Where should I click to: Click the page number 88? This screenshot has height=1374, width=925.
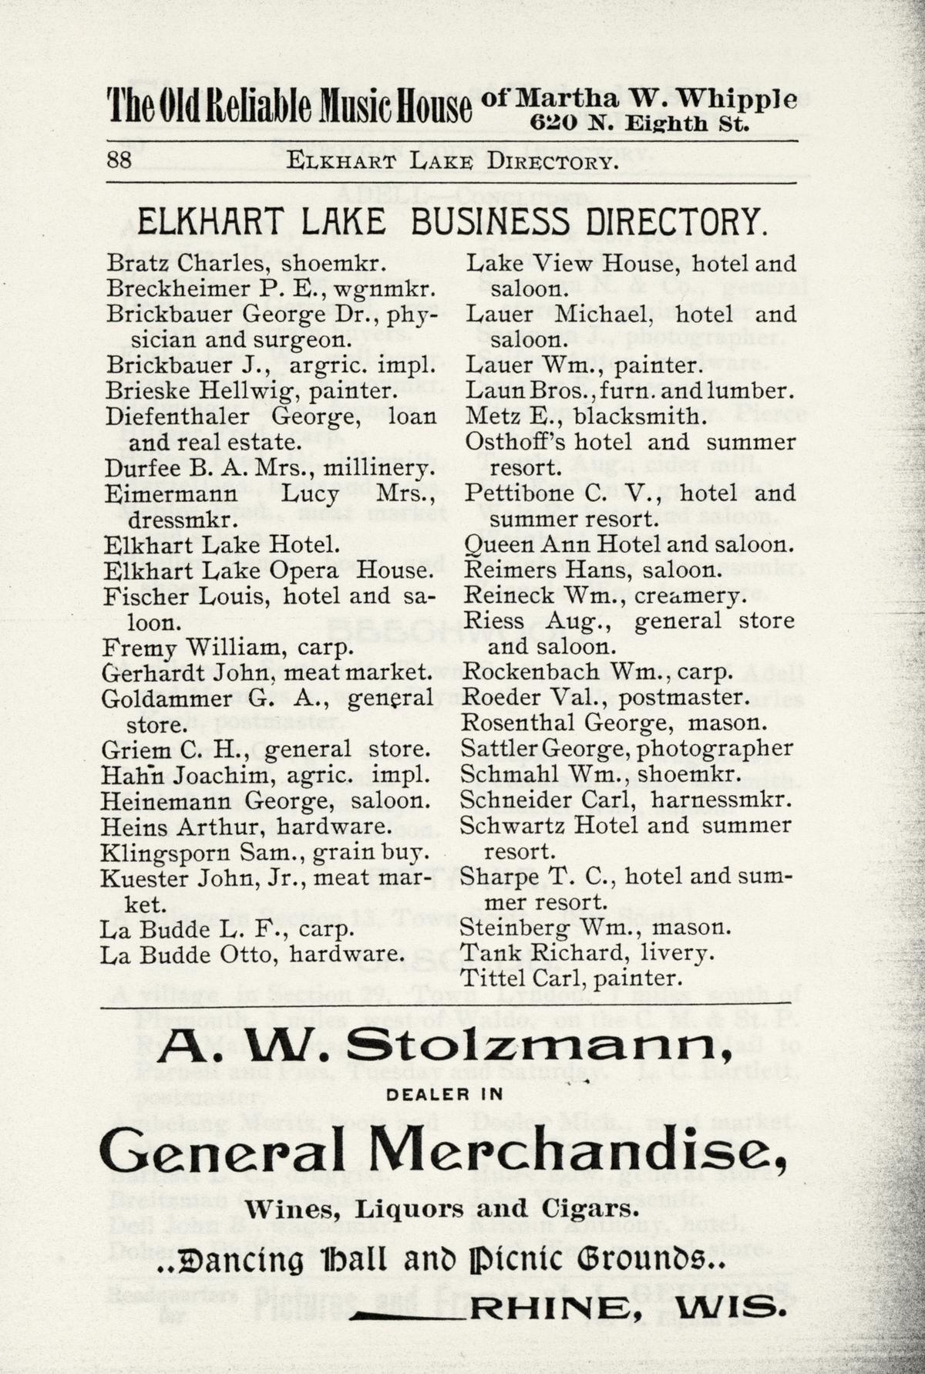(x=119, y=160)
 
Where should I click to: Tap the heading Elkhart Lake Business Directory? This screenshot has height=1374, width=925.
(x=452, y=222)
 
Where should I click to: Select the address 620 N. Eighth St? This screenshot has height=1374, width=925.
(x=639, y=123)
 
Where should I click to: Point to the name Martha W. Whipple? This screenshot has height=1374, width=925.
(x=656, y=99)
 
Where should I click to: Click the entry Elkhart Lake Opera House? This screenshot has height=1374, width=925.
(x=267, y=570)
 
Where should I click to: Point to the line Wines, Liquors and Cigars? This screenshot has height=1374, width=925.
(x=442, y=1208)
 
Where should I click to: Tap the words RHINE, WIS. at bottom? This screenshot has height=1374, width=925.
(x=631, y=1308)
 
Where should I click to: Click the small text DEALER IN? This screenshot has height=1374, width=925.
(x=444, y=1094)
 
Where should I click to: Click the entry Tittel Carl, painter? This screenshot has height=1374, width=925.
(x=570, y=978)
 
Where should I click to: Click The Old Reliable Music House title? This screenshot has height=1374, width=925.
(x=289, y=106)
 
